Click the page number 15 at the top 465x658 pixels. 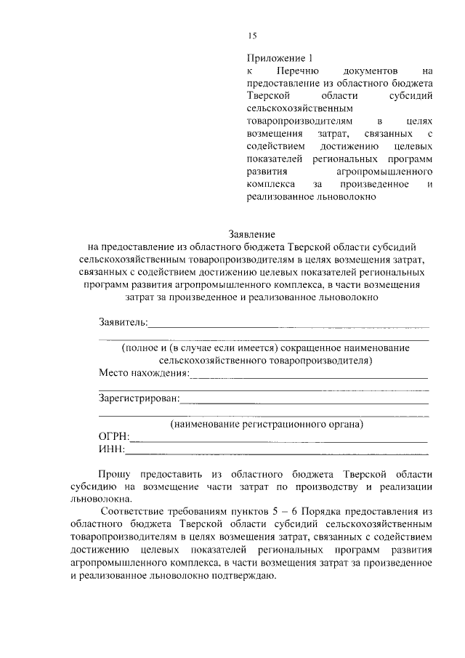(x=252, y=36)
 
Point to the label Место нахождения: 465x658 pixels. (x=143, y=374)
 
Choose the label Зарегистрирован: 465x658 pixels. (x=138, y=398)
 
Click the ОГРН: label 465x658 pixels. (x=114, y=436)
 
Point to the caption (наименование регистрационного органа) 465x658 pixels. (x=266, y=423)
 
